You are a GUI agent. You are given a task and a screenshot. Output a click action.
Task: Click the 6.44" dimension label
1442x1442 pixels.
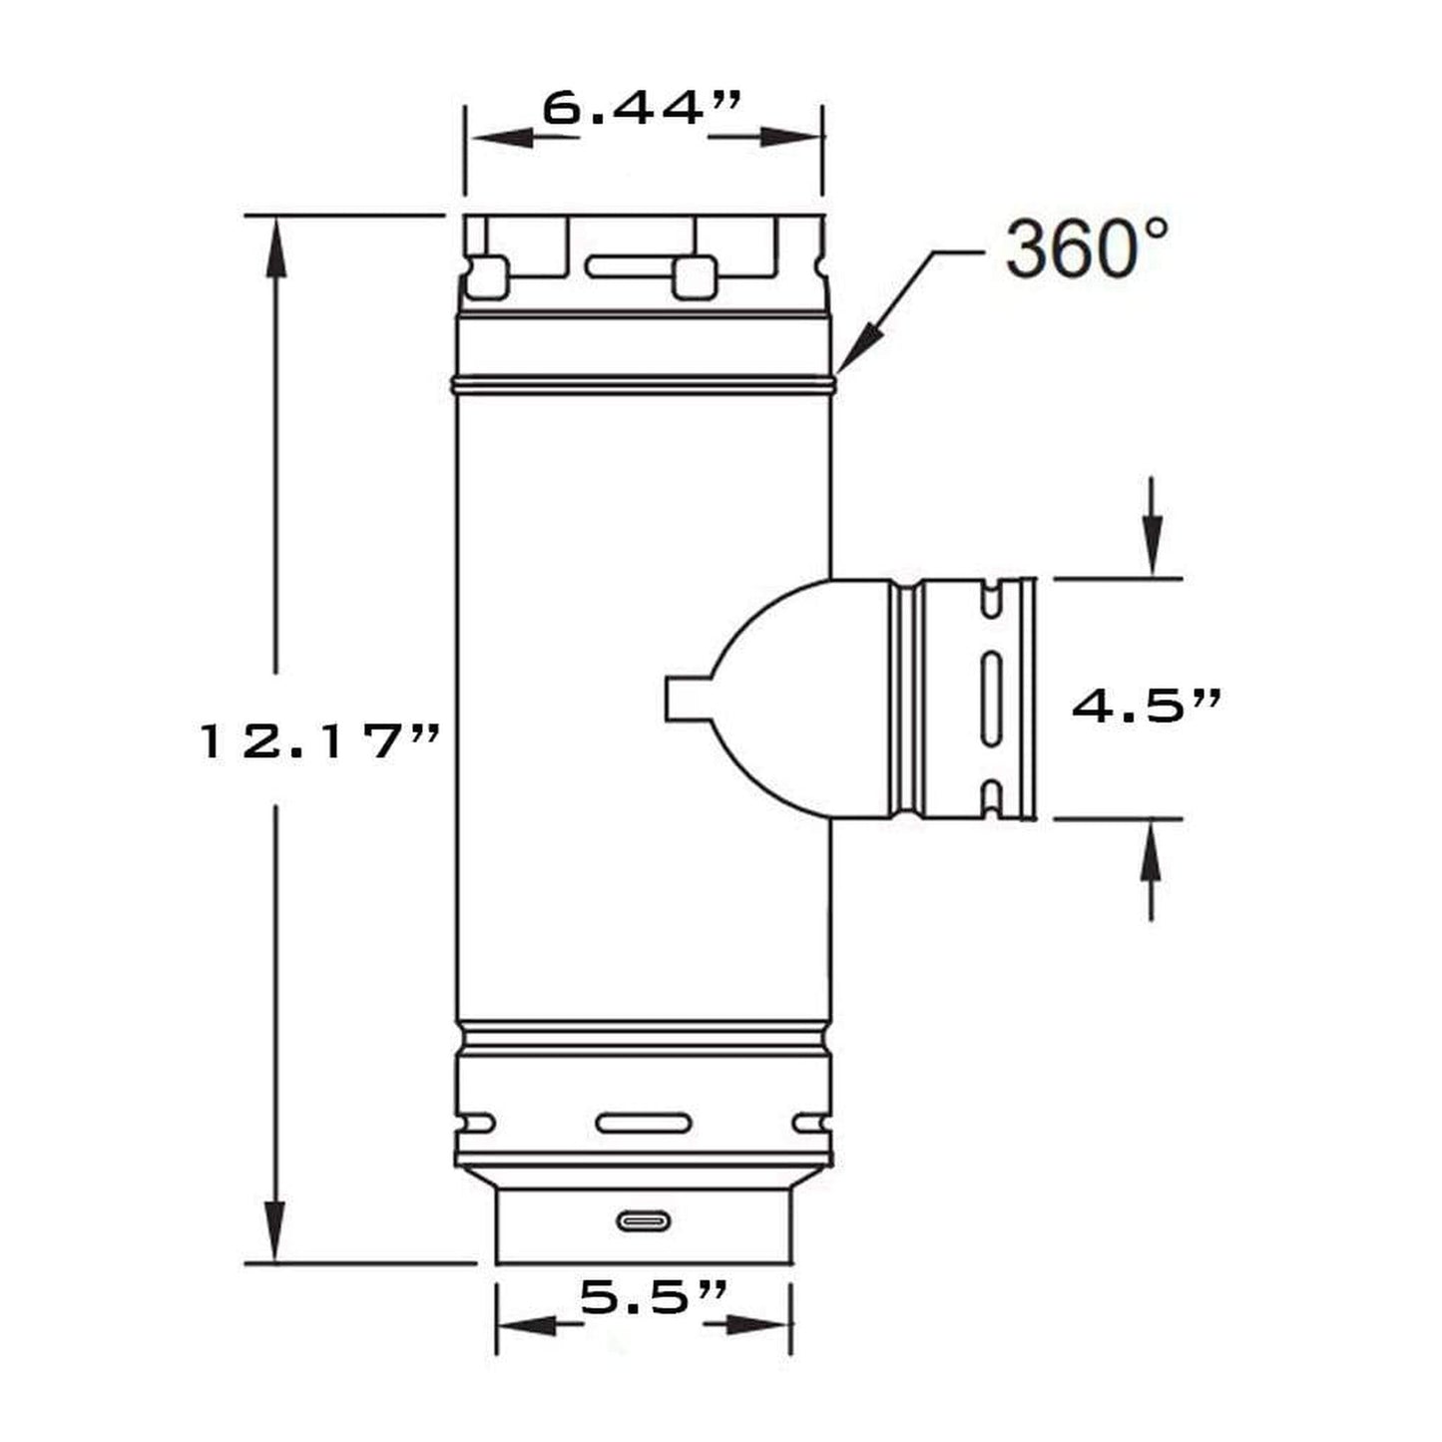tap(642, 109)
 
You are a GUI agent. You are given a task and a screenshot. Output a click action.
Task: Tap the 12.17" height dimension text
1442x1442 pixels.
tap(319, 743)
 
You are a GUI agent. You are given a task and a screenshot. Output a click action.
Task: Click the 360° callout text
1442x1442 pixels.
tap(1085, 249)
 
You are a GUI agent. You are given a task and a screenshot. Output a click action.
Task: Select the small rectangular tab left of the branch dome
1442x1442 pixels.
tap(689, 699)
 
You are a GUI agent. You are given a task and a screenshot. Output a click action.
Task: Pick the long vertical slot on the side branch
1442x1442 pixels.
tap(990, 699)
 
